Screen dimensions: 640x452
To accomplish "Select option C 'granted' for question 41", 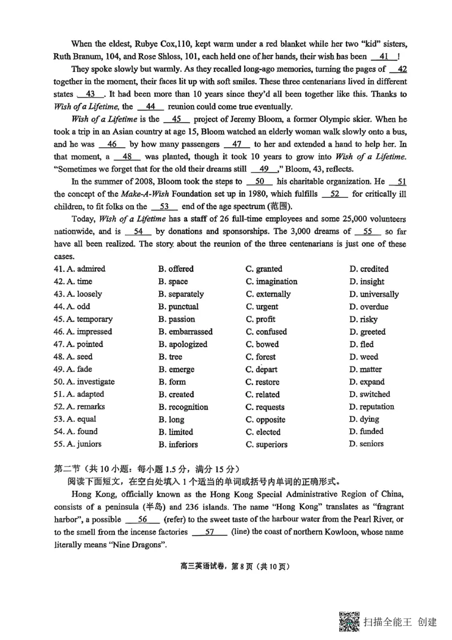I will pos(264,269).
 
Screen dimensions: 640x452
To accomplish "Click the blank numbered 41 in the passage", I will pos(384,57).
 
